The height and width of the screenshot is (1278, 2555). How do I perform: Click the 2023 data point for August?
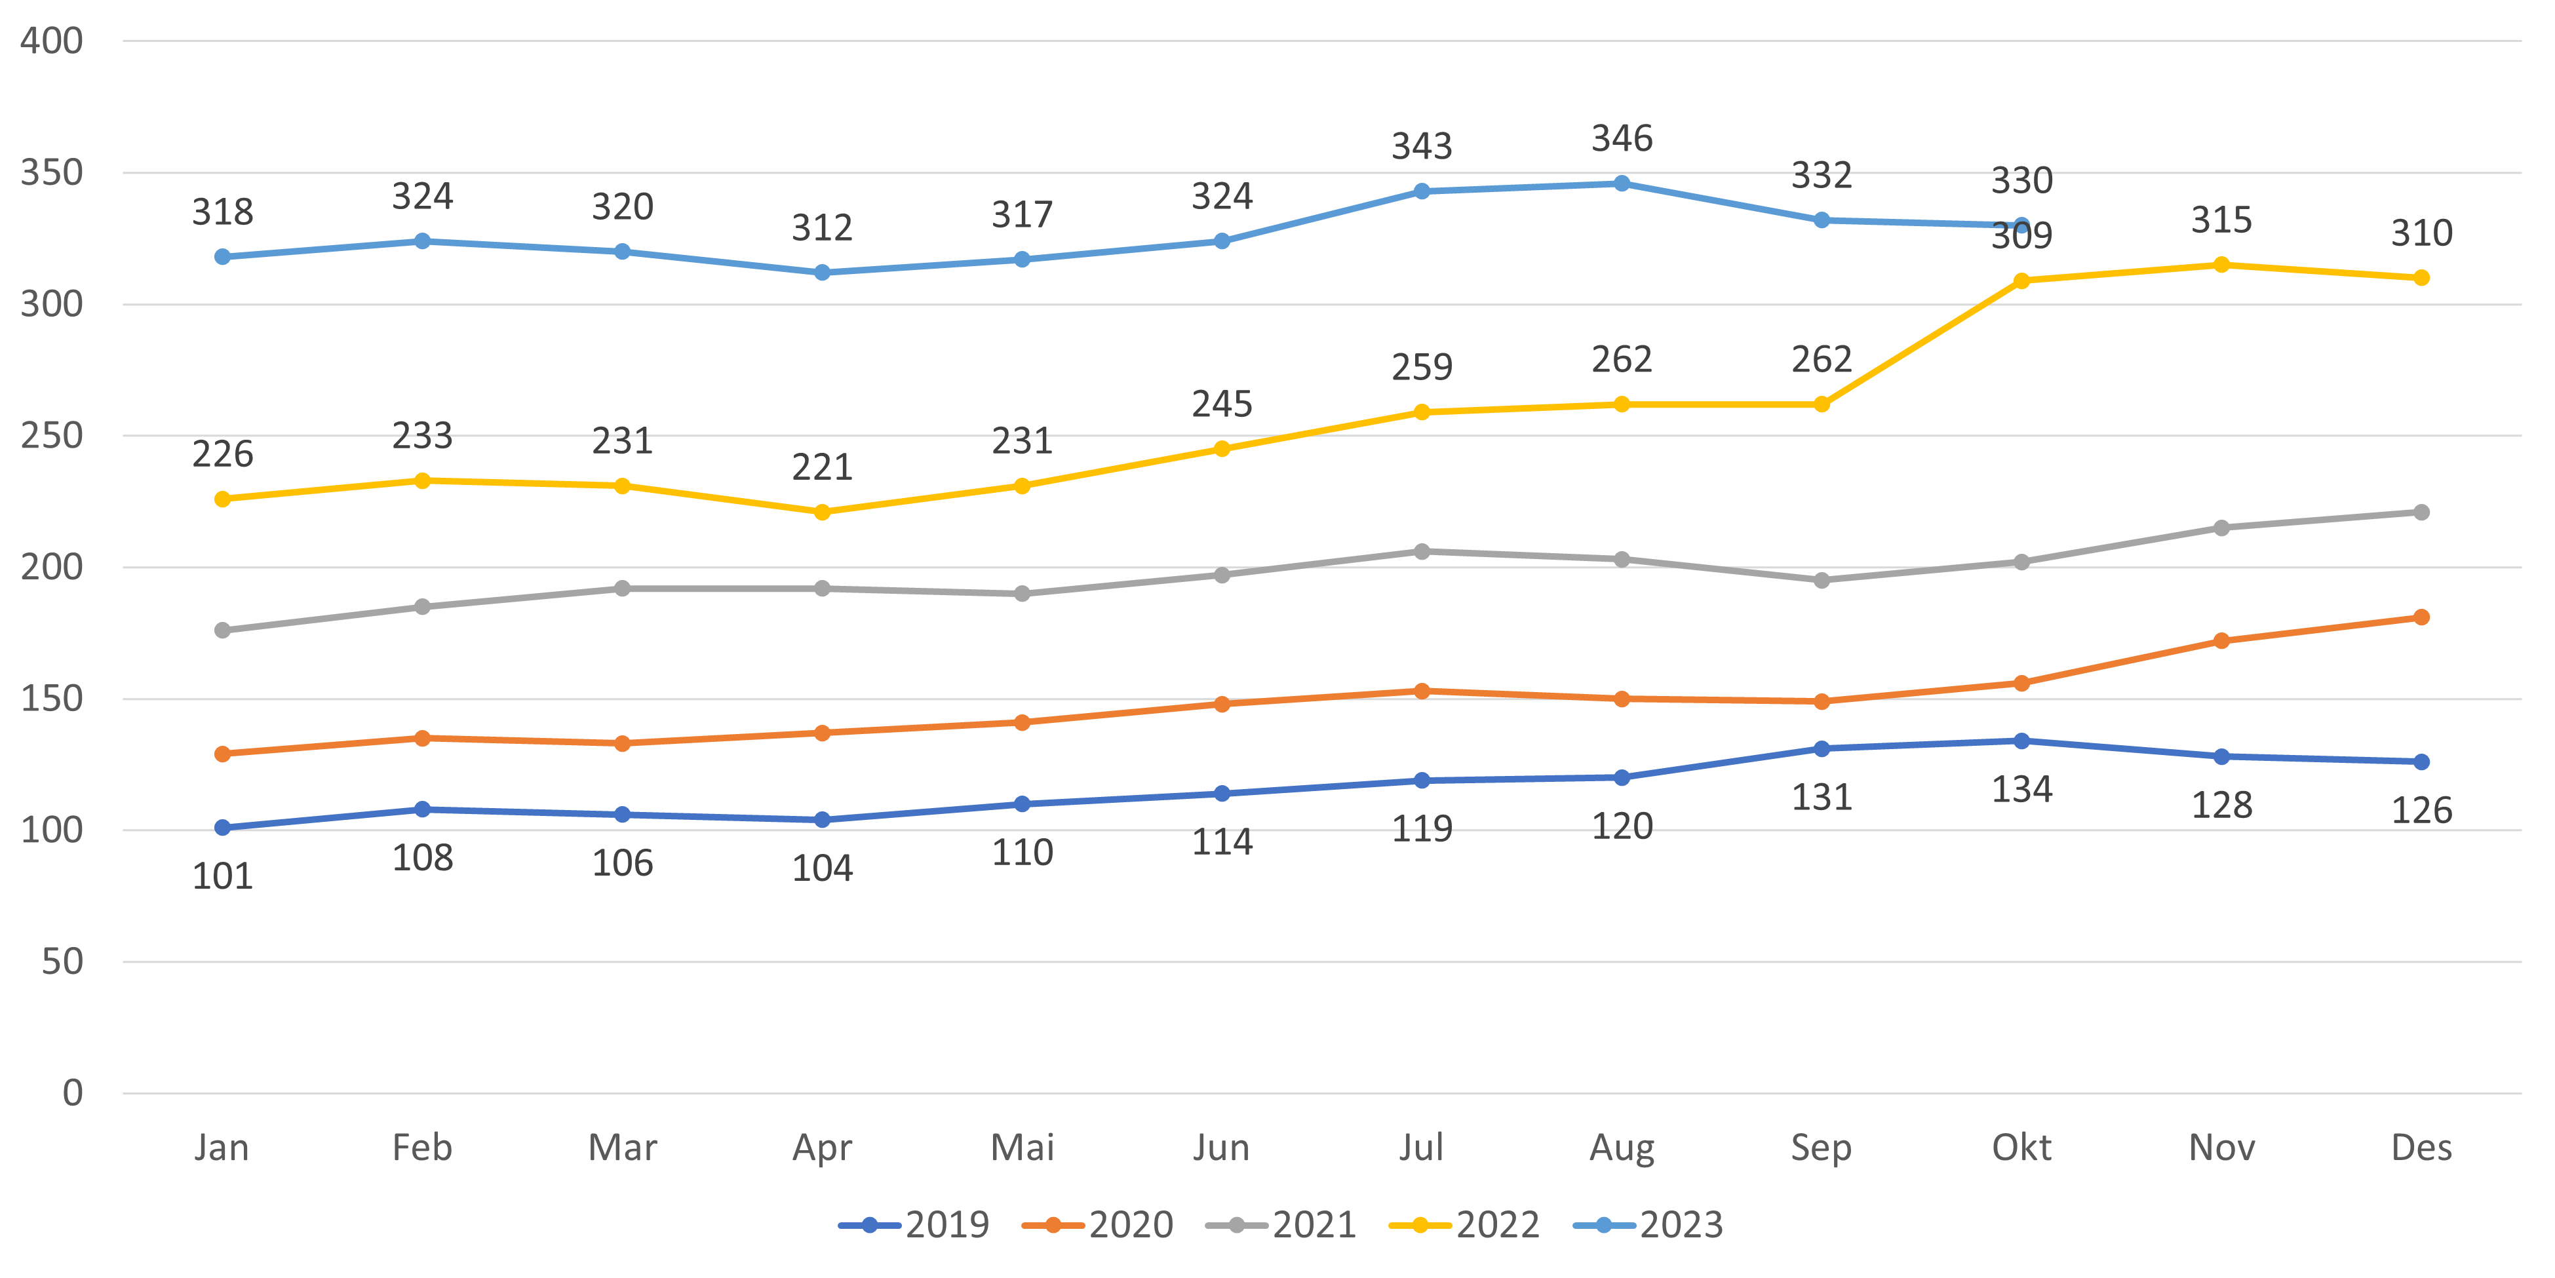(x=1622, y=184)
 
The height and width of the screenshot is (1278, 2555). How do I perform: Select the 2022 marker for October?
(x=2021, y=282)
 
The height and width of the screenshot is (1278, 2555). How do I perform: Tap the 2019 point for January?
(x=222, y=828)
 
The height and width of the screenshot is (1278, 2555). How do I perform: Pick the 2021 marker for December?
(x=2421, y=513)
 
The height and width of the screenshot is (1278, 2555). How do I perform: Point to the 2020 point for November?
(x=2222, y=642)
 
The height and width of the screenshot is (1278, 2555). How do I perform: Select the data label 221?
(x=822, y=467)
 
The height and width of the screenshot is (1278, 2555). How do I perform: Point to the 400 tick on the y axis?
(x=52, y=42)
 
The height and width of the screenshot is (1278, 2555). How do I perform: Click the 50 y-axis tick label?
(x=62, y=961)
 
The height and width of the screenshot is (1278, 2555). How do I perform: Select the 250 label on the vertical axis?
(x=52, y=435)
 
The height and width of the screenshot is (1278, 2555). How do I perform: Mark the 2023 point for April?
(x=822, y=273)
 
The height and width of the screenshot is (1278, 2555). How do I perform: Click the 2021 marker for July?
(x=1421, y=551)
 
